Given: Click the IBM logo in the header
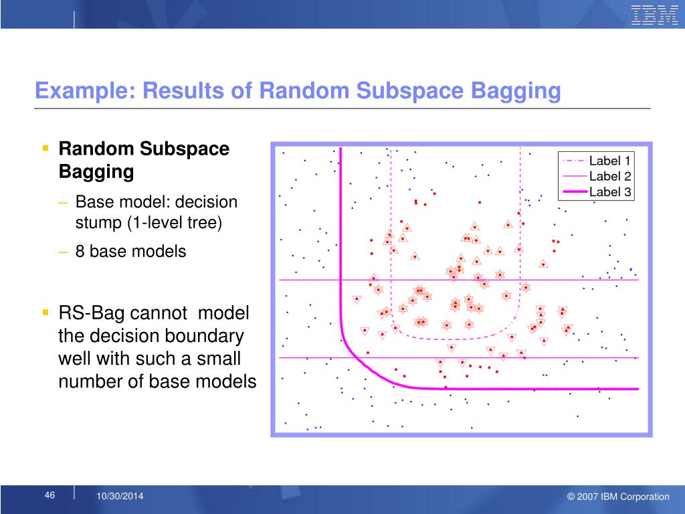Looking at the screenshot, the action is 654,16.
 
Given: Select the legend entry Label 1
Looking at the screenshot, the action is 609,161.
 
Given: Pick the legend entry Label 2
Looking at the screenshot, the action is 610,176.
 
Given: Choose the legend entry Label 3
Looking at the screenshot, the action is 610,191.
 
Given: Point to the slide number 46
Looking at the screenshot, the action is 50,495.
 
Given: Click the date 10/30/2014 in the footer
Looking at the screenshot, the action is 120,496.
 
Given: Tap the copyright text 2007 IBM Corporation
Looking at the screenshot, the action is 623,497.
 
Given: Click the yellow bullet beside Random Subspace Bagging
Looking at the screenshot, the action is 45,148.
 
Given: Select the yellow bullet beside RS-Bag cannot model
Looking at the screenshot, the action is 45,312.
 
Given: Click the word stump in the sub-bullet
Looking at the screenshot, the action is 99,223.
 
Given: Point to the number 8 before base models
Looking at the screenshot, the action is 80,252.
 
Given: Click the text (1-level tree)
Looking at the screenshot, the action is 175,223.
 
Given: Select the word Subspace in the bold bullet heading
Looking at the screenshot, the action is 185,149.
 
